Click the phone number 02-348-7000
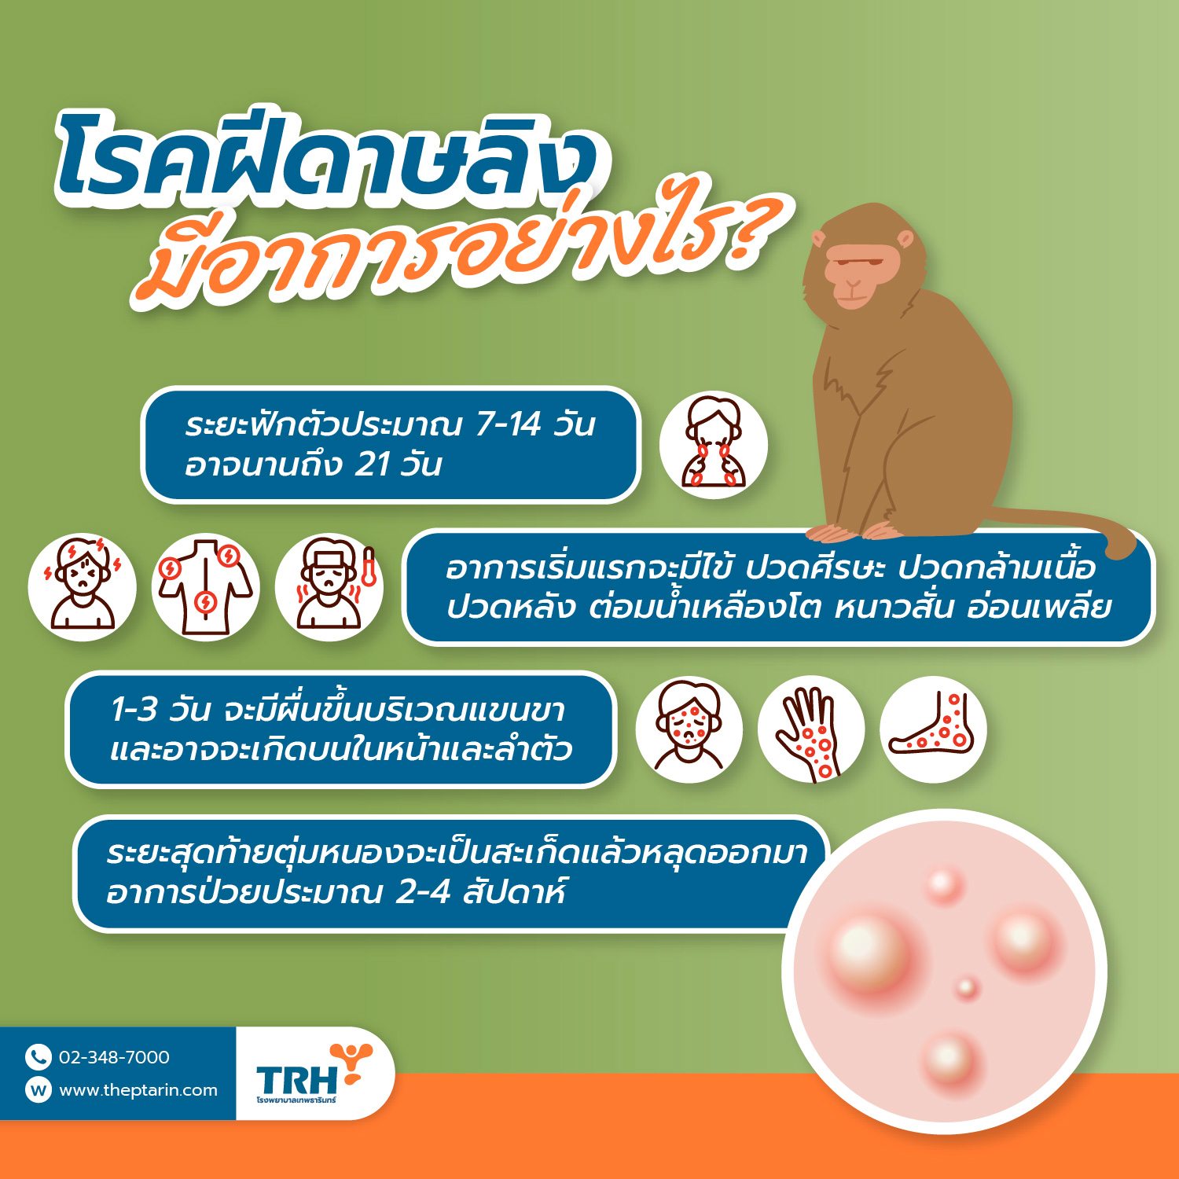[x=114, y=1057]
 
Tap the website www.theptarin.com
[x=138, y=1090]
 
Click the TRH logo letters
[x=296, y=1078]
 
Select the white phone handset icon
[x=38, y=1057]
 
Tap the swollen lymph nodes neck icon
[x=714, y=445]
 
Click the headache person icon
[x=82, y=586]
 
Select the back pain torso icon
[x=206, y=586]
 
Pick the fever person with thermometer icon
[x=329, y=586]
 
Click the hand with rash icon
[x=811, y=729]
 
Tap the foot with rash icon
[x=933, y=729]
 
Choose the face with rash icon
[x=689, y=729]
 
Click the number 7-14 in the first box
[x=509, y=424]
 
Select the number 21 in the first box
[x=373, y=465]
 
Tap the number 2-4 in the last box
[x=422, y=893]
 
